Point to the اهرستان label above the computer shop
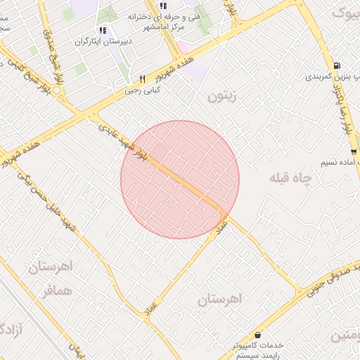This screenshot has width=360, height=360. [219, 299]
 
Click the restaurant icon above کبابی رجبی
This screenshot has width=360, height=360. [143, 79]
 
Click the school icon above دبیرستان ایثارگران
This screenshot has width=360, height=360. [103, 30]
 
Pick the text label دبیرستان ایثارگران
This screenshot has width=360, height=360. [102, 41]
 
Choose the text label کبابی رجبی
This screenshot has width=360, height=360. [143, 90]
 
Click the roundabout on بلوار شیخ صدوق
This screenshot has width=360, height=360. [70, 107]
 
